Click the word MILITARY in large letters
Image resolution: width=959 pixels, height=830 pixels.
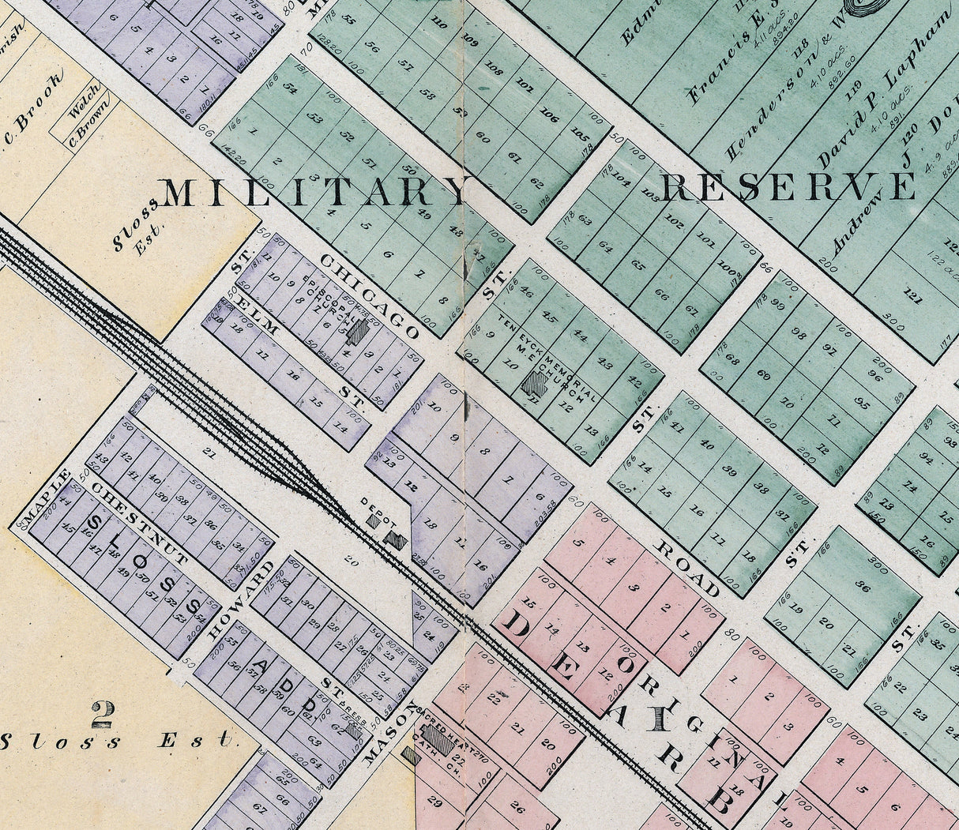314,192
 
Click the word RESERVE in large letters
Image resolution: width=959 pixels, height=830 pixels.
788,187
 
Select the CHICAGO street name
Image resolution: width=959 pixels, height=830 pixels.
370,296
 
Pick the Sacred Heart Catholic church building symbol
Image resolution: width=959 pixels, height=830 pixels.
437,743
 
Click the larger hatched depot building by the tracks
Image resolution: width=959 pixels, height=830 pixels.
395,540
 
